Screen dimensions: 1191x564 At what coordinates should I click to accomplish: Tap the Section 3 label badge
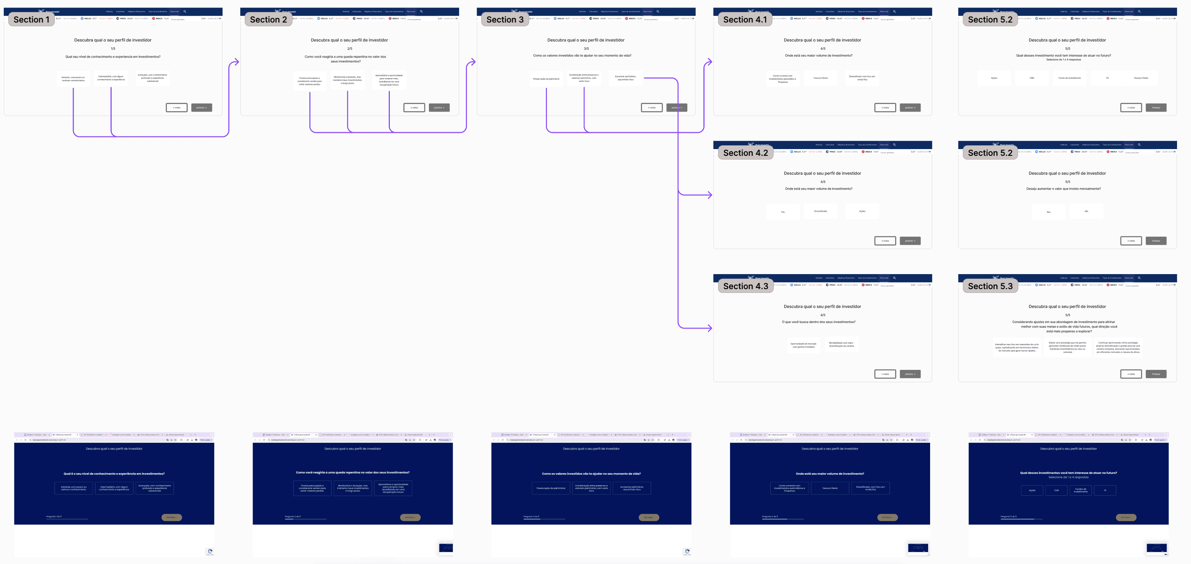[505, 20]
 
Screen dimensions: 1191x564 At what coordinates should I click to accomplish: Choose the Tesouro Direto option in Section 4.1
[821, 78]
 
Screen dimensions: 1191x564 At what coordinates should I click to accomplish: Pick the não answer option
[1086, 211]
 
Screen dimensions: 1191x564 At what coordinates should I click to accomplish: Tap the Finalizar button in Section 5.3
[1156, 374]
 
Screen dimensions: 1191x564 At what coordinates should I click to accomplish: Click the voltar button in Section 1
[177, 108]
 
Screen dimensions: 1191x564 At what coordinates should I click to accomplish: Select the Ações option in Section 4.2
[862, 211]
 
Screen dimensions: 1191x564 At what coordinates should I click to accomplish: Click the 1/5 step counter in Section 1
[113, 48]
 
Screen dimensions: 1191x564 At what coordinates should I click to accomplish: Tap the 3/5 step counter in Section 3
[586, 48]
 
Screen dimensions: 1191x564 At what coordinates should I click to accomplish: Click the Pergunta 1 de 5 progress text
[54, 516]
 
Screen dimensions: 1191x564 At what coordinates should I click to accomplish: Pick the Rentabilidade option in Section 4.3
[841, 345]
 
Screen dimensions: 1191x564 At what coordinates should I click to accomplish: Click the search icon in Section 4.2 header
[894, 145]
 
